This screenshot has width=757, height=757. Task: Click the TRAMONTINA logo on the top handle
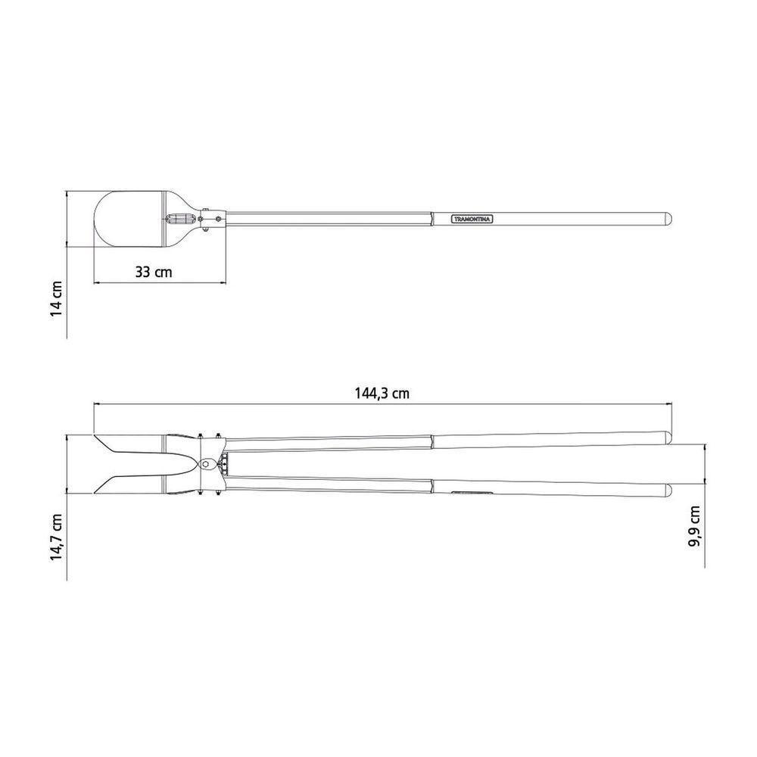click(x=472, y=220)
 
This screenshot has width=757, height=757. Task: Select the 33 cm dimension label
click(x=154, y=272)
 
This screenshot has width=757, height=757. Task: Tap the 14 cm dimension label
click(x=57, y=298)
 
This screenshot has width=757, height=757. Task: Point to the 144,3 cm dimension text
click(x=382, y=394)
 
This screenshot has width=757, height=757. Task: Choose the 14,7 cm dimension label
click(x=57, y=537)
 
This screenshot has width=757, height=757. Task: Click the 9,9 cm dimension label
click(x=694, y=526)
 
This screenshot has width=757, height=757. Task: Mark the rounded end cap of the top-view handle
click(x=668, y=219)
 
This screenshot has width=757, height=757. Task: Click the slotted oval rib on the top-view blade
click(x=182, y=220)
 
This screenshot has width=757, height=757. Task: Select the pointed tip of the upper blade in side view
click(x=95, y=435)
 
